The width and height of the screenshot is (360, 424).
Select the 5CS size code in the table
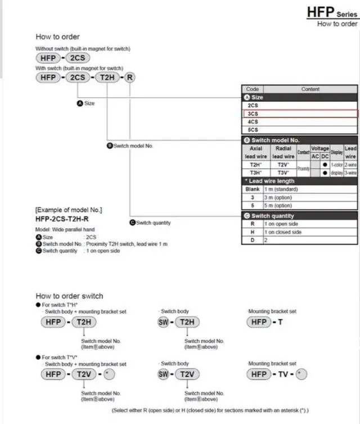pos(253,130)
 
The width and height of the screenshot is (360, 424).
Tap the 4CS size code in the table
pos(253,121)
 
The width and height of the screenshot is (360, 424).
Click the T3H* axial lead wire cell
pos(254,173)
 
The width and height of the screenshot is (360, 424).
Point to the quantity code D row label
pos(253,240)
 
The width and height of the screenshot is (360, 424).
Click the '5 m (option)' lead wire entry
pos(276,206)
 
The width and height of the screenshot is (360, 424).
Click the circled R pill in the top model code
pos(129,77)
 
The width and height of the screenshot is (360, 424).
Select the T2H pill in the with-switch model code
pos(107,77)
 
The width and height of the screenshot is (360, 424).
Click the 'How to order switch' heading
pos(69,296)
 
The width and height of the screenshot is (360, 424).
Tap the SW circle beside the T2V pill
pos(164,375)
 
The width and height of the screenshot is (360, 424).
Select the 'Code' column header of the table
pos(253,89)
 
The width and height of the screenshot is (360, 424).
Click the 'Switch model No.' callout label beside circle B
pos(133,146)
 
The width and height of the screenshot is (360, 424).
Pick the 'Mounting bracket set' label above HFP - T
pos(272,311)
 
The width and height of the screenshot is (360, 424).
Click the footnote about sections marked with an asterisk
pos(210,411)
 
